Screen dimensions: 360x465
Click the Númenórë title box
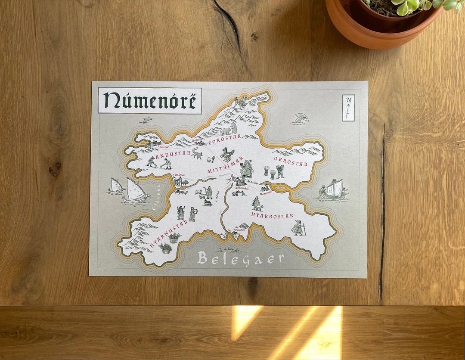(150, 101)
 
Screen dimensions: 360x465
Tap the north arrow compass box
(348, 108)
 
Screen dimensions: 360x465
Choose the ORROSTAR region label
(291, 164)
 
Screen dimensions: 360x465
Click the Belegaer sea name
(241, 258)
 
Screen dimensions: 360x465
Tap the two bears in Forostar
(229, 129)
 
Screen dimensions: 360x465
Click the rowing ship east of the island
(333, 190)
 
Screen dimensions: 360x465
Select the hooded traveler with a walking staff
(298, 228)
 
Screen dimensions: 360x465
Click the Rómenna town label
(266, 193)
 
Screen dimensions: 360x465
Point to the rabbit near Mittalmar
(211, 159)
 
